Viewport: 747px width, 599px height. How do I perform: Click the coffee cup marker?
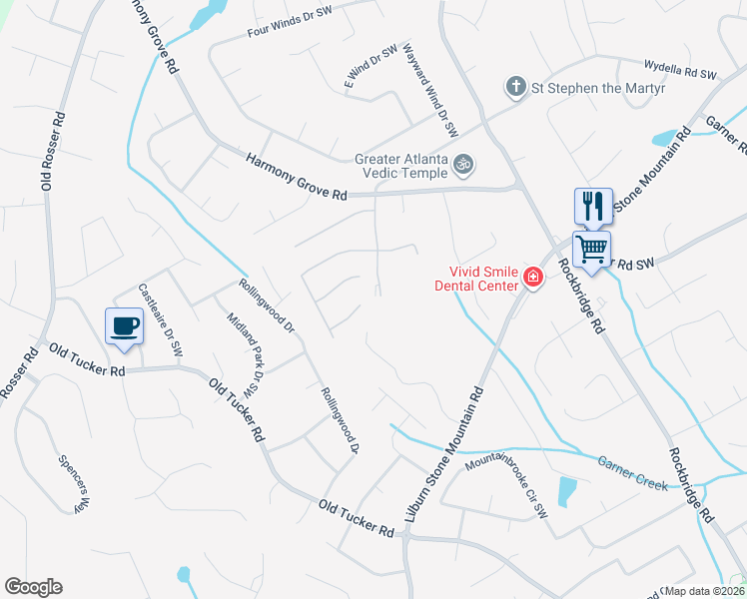[124, 326]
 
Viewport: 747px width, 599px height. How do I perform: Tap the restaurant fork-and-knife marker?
[593, 207]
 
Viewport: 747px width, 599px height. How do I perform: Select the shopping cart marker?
[591, 248]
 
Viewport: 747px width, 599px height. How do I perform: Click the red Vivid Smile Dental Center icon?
[532, 278]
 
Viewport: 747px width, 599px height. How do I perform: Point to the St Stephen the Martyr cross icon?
[515, 87]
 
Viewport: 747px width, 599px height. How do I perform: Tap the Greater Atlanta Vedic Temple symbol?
[463, 163]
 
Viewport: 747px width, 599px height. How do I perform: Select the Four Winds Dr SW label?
[289, 24]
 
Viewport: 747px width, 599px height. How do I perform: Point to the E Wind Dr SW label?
[372, 67]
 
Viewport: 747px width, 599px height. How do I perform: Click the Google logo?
[33, 587]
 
